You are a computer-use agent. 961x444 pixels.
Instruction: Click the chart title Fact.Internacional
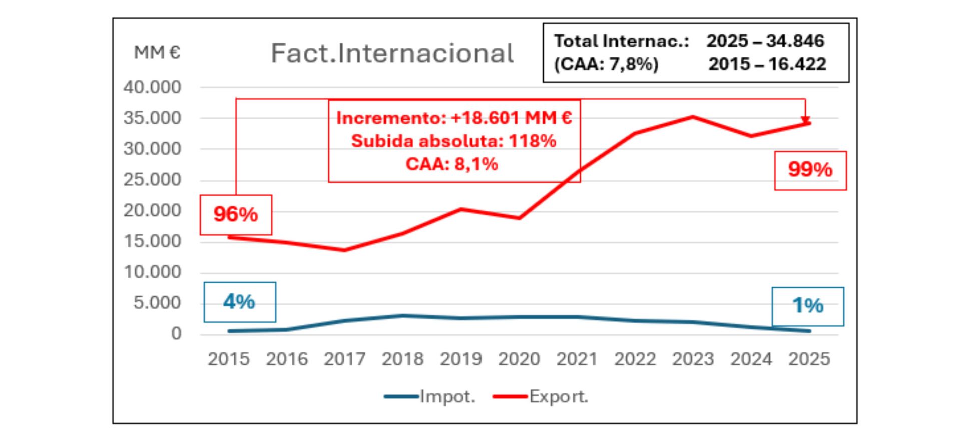[392, 53]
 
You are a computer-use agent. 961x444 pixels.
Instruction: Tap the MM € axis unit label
[157, 52]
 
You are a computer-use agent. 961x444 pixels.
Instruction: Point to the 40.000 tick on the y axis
[152, 87]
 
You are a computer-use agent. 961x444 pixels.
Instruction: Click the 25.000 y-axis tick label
[152, 180]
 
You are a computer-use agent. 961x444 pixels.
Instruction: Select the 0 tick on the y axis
[176, 333]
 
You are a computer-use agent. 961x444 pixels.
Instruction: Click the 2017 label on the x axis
[344, 359]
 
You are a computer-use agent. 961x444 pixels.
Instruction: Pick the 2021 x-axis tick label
[577, 359]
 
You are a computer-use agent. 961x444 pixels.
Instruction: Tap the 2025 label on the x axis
[809, 359]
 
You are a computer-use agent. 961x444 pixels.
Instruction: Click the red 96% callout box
[236, 214]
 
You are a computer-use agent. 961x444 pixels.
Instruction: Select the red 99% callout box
[810, 170]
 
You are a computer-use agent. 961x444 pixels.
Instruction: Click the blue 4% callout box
[239, 302]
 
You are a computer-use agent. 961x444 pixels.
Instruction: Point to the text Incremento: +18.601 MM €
[454, 118]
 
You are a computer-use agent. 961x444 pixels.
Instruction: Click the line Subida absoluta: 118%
[453, 141]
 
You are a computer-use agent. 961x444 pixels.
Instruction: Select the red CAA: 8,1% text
[451, 164]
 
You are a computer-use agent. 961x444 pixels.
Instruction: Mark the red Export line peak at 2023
[693, 117]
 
